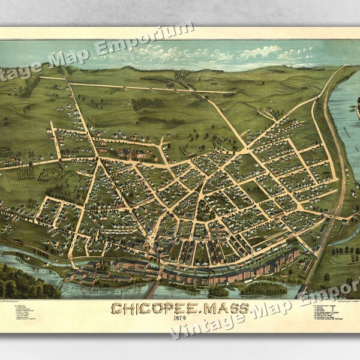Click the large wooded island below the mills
click(264, 289)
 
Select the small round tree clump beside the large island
click(218, 292)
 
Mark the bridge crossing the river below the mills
click(153, 290)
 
